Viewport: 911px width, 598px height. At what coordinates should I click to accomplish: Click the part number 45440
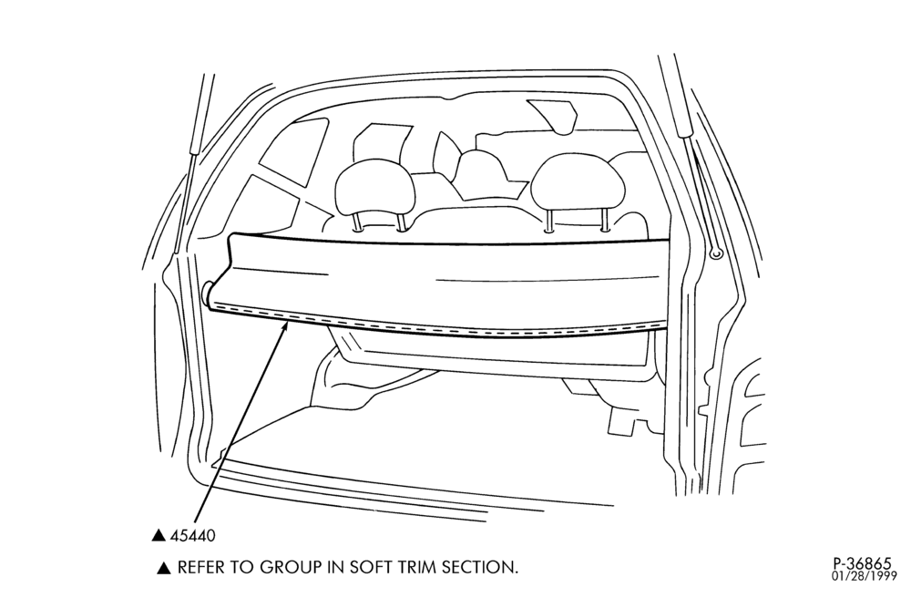click(x=192, y=535)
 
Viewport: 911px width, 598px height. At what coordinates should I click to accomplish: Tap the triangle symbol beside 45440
click(x=159, y=535)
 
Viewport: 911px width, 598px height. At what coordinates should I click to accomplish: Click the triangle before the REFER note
click(x=164, y=568)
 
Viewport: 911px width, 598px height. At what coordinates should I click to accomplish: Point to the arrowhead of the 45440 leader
click(x=284, y=326)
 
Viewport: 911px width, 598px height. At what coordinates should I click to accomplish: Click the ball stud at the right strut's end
click(x=715, y=253)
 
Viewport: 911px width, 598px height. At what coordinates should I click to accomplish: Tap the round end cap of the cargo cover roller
click(x=207, y=294)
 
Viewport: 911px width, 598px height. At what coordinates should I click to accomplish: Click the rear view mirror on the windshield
click(x=553, y=116)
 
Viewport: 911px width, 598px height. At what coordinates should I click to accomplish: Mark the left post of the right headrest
click(x=549, y=221)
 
